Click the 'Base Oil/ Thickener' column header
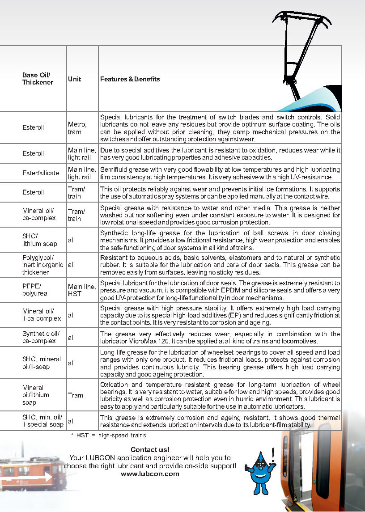tap(38, 79)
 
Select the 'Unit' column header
tap(75, 79)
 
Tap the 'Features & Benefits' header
tap(130, 79)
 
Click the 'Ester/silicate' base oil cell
tap(40, 173)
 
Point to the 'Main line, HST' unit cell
tap(81, 290)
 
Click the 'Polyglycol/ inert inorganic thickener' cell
tap(43, 265)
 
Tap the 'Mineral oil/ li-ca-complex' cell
tap(42, 315)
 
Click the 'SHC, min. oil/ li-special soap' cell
tap(42, 421)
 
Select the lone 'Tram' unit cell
tap(76, 395)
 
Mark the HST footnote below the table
tap(109, 435)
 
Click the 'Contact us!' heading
tap(150, 449)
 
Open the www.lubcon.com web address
tap(150, 474)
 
